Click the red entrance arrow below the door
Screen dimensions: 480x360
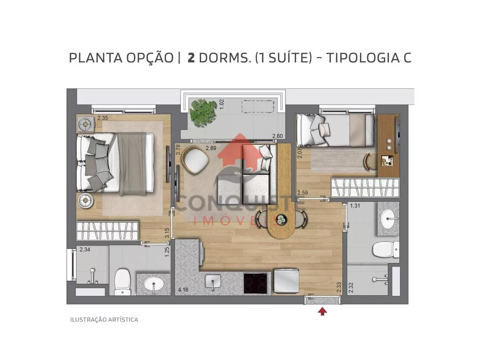tap(322, 311)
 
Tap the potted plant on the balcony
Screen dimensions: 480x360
tap(202, 112)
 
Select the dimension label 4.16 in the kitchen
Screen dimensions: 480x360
tap(183, 289)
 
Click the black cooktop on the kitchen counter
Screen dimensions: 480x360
tap(255, 284)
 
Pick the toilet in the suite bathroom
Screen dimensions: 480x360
tap(122, 282)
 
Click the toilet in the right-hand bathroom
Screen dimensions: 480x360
tap(386, 249)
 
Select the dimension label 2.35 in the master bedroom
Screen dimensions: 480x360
tap(103, 118)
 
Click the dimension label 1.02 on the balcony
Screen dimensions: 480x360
tap(222, 104)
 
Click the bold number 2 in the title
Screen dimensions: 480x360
tap(191, 58)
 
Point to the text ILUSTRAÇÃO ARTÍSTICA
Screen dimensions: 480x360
tap(104, 320)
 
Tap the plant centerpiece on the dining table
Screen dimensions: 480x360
tap(281, 219)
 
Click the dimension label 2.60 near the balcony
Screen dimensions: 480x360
tap(277, 136)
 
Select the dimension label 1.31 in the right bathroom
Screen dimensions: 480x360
tap(355, 206)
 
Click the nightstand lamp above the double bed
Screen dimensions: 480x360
tap(85, 124)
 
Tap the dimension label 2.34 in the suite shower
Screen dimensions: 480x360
tap(85, 249)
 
